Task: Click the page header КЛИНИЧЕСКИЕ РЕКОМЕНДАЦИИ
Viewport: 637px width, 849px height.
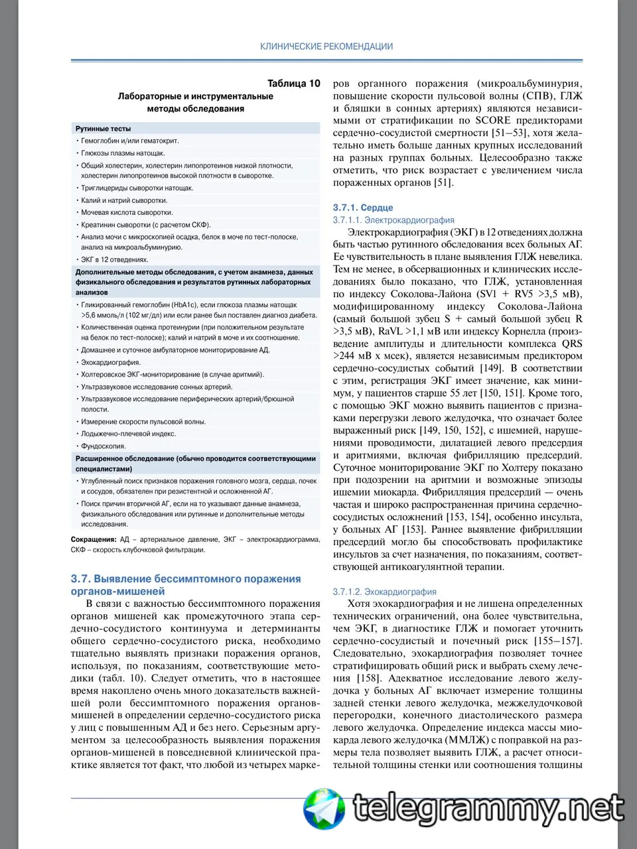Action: click(326, 46)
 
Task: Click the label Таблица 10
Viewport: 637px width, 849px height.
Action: click(293, 84)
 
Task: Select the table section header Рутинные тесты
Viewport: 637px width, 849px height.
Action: click(103, 129)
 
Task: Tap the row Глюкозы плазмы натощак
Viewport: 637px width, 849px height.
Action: click(123, 153)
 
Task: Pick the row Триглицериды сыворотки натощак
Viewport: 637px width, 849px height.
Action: click(137, 188)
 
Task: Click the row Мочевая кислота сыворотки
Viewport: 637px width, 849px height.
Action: click(127, 212)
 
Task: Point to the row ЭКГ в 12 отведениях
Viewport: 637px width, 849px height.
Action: click(114, 259)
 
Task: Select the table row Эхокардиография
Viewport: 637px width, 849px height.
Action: click(111, 362)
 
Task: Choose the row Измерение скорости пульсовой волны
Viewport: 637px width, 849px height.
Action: click(143, 421)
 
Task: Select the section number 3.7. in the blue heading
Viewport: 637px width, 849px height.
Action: click(81, 579)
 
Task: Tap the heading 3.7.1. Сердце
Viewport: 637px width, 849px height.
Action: click(363, 208)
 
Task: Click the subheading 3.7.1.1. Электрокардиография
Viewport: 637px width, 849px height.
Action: click(393, 220)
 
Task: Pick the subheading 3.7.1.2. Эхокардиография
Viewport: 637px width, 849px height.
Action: click(385, 592)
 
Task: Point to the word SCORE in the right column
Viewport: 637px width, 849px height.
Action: click(493, 120)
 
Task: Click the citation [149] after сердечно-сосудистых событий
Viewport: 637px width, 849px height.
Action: click(490, 368)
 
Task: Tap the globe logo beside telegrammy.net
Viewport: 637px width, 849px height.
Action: click(324, 809)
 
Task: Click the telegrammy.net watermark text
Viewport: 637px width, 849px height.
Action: click(489, 809)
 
